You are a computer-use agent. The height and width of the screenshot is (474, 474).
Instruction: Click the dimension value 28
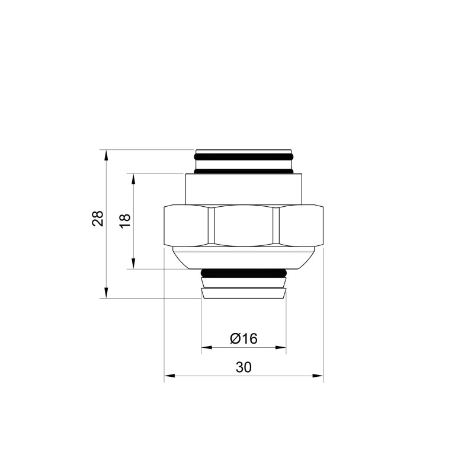point(98,218)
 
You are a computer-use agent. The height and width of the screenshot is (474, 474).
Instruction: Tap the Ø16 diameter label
point(243,338)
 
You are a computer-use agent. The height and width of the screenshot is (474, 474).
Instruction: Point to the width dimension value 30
point(244,367)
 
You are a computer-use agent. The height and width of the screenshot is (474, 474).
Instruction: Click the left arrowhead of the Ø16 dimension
point(205,347)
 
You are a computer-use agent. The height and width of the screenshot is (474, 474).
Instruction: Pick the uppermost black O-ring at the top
point(244,158)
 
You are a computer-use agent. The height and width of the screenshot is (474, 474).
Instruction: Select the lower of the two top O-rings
point(244,171)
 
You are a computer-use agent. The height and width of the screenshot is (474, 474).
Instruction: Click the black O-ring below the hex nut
point(244,273)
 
